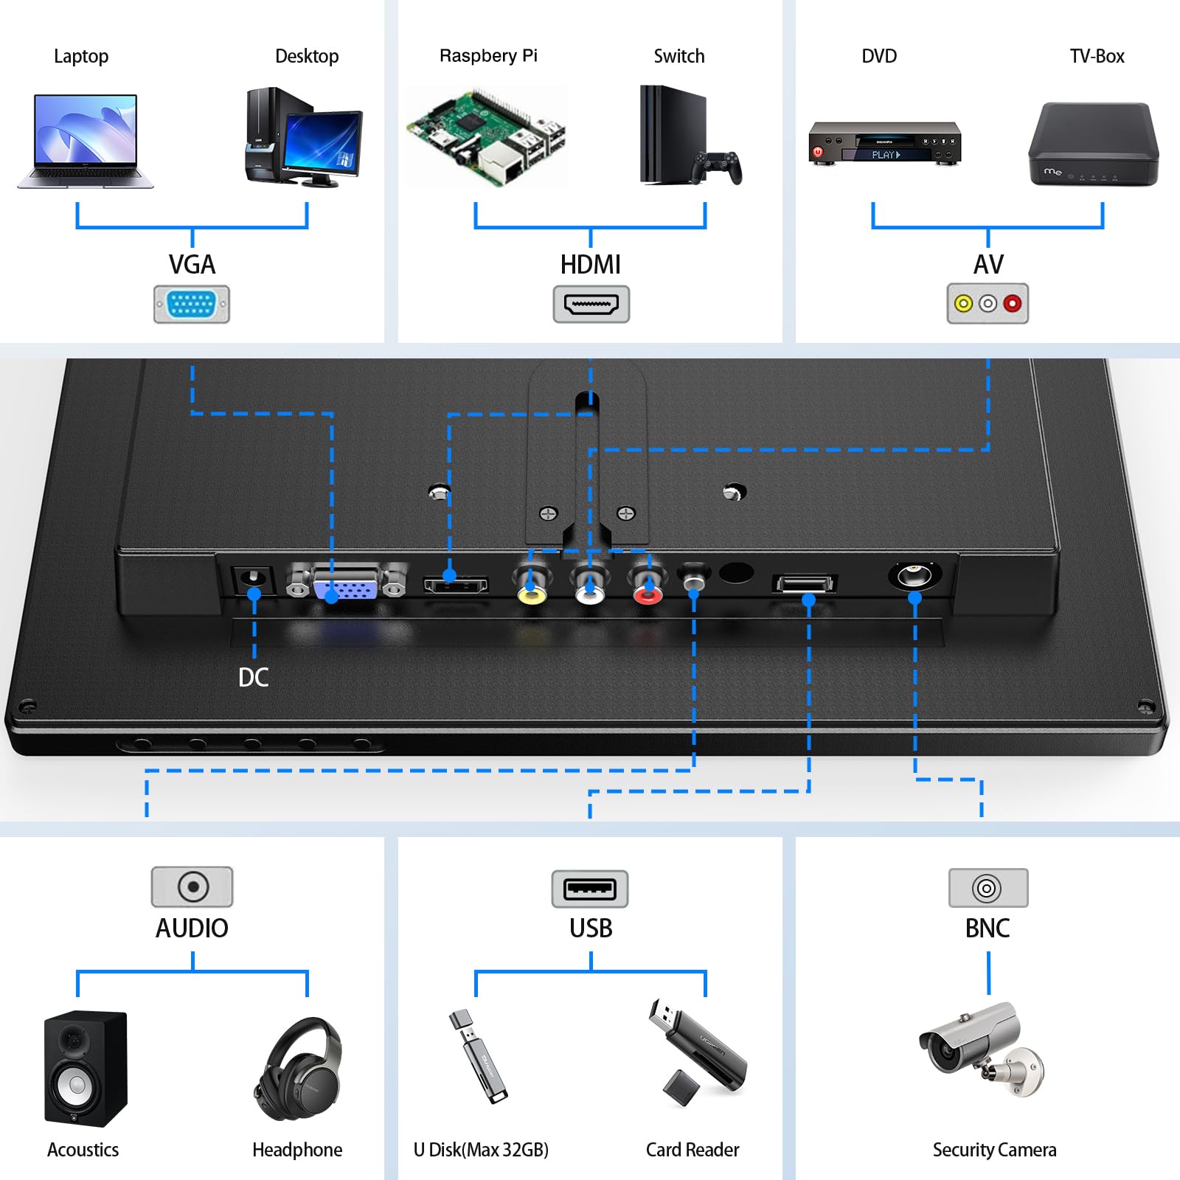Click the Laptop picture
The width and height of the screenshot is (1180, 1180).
point(85,140)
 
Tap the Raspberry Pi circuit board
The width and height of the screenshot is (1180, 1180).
point(487,136)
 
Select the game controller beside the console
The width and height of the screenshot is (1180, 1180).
point(717,167)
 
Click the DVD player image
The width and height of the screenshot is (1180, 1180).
point(885,143)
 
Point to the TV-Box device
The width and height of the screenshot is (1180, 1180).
point(1094,145)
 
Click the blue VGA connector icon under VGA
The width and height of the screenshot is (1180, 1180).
point(192,304)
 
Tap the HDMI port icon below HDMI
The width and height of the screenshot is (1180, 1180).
point(591,304)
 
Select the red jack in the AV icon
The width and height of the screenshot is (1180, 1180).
point(1013,303)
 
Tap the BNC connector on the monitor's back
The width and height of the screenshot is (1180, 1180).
point(914,575)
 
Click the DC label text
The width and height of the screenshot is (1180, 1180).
point(254,677)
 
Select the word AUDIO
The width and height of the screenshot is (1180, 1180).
point(192,928)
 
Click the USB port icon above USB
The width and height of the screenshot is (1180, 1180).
point(590,889)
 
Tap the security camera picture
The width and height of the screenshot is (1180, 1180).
point(981,1047)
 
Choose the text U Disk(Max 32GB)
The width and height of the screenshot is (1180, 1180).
point(481,1150)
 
